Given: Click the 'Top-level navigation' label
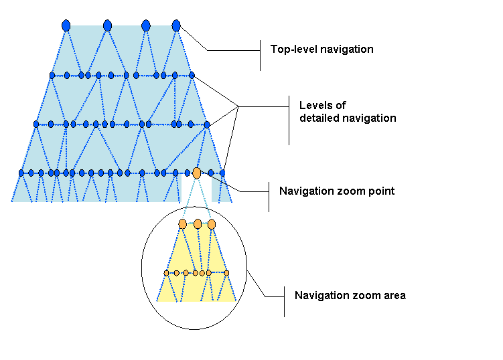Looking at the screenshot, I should (x=321, y=50).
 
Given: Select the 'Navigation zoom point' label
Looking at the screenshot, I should (x=336, y=191).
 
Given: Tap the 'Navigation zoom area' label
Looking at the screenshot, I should (x=350, y=295).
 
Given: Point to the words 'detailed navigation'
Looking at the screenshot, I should (x=348, y=118).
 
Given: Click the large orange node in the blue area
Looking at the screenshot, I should (x=196, y=173).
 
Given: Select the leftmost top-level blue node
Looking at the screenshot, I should (x=66, y=25).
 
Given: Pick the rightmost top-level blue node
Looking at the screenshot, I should (x=176, y=25).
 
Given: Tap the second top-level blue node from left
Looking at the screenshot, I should (x=107, y=25).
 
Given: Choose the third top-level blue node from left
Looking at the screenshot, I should (x=146, y=25).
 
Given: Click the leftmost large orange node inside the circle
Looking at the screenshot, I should (x=183, y=223).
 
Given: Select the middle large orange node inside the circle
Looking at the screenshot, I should (x=198, y=223).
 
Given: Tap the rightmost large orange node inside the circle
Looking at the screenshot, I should (x=212, y=223).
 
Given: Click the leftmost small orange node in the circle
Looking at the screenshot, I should (x=167, y=273).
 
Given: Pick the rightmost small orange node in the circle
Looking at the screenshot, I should (x=226, y=273).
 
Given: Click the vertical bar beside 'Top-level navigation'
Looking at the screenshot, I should (x=260, y=55).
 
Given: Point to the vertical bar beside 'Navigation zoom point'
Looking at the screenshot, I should (x=269, y=196).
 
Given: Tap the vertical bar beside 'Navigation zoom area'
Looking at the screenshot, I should (x=285, y=302).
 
